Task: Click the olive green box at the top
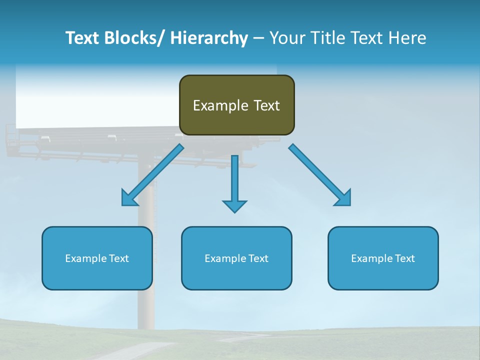pyautogui.click(x=236, y=105)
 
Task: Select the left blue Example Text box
pyautogui.click(x=97, y=258)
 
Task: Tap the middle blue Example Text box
pyautogui.click(x=236, y=258)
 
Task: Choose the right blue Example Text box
pyautogui.click(x=383, y=258)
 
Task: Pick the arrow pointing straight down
pyautogui.click(x=234, y=182)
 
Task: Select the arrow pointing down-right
pyautogui.click(x=320, y=175)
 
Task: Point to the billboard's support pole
pyautogui.click(x=146, y=300)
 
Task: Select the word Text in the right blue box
pyautogui.click(x=404, y=258)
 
